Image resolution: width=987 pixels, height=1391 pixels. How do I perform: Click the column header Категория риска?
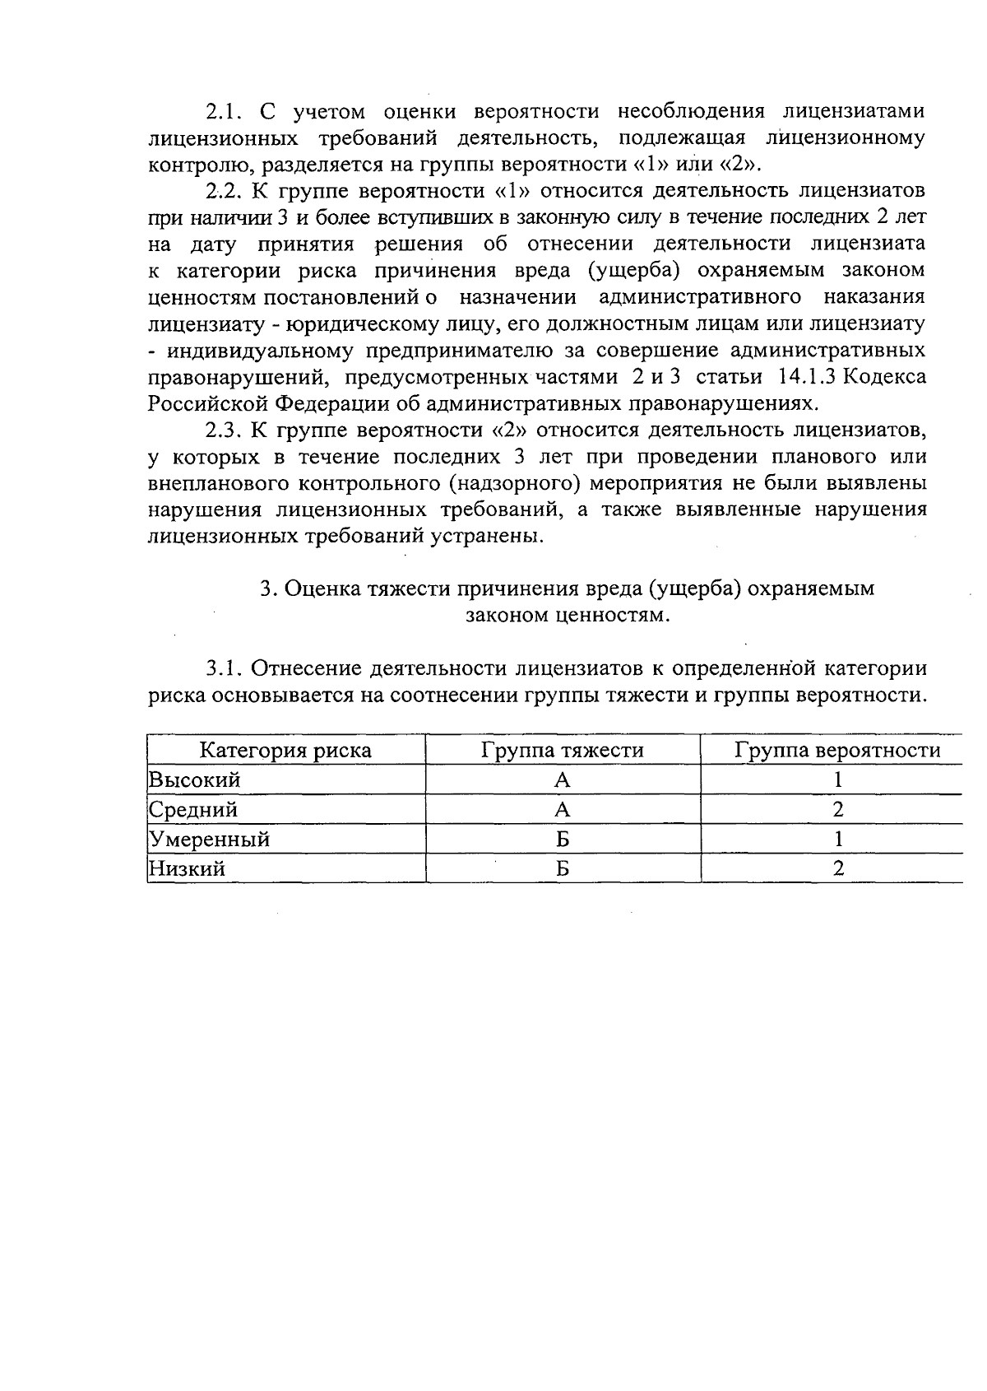coord(286,750)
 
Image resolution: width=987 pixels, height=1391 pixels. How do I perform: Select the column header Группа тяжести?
coord(563,750)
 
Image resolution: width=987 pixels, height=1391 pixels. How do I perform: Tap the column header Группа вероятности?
coord(837,750)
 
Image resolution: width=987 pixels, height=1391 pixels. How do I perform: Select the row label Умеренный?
coord(209,839)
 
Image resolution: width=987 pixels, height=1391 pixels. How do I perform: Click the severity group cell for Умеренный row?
coord(563,839)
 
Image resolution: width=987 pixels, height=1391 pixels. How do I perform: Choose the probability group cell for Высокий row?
coord(837,779)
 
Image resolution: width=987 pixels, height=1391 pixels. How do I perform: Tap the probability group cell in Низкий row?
coord(837,868)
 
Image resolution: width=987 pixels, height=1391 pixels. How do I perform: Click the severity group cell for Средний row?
coord(563,809)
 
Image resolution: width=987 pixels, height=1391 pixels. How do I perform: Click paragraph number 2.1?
coord(224,111)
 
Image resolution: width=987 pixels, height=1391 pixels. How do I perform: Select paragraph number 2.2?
coord(224,191)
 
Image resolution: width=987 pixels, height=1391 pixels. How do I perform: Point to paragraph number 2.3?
coord(224,430)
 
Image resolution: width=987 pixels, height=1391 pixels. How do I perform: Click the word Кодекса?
coord(884,377)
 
